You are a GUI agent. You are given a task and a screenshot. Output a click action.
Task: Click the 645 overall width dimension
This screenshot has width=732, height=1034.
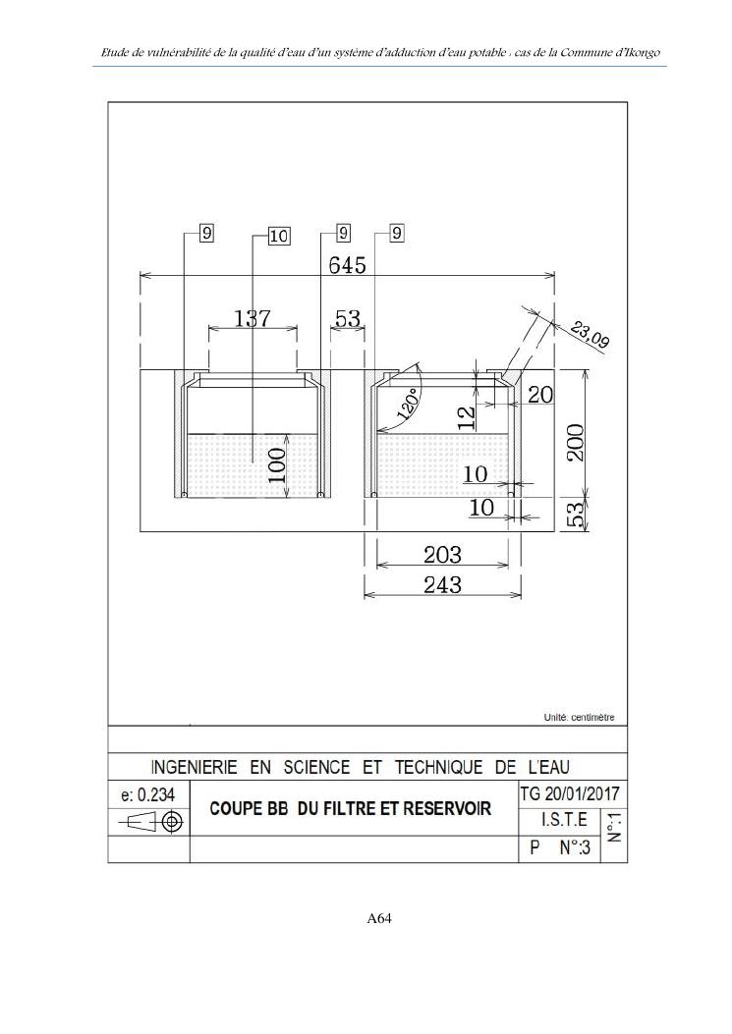coord(347,265)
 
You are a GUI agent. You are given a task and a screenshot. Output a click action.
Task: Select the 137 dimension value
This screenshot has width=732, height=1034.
coord(253,318)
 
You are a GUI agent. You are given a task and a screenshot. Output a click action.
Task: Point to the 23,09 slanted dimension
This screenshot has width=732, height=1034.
coord(589,334)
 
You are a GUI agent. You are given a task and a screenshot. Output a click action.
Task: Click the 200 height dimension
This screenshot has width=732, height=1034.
coord(575,443)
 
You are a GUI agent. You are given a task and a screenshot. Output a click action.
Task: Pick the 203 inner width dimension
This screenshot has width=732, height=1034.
coord(442,555)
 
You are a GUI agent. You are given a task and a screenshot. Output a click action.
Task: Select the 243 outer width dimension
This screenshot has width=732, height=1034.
coord(442,584)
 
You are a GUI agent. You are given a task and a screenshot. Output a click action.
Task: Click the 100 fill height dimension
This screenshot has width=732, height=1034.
coord(276,464)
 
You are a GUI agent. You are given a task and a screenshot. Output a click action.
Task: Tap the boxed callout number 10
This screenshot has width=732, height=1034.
coord(279,236)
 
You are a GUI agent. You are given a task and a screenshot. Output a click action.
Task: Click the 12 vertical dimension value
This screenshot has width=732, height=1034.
coord(467,417)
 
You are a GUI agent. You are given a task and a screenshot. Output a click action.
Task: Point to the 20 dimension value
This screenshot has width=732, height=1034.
coord(540,395)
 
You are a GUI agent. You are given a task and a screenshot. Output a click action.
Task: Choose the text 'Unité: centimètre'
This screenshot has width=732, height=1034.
coord(578,718)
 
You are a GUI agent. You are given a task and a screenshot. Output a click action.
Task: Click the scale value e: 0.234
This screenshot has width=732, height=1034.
coord(147,795)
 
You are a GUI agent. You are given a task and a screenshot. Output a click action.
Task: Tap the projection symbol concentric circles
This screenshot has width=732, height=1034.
coord(173,821)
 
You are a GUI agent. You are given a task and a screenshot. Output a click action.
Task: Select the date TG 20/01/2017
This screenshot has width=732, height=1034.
coord(570,793)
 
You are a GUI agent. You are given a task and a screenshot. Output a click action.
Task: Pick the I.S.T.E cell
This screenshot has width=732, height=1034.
coord(564,820)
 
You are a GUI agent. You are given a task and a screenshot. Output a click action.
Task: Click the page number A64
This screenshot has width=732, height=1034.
coord(379,918)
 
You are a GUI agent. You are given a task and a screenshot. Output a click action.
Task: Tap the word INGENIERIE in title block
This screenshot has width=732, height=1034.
coord(195,768)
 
